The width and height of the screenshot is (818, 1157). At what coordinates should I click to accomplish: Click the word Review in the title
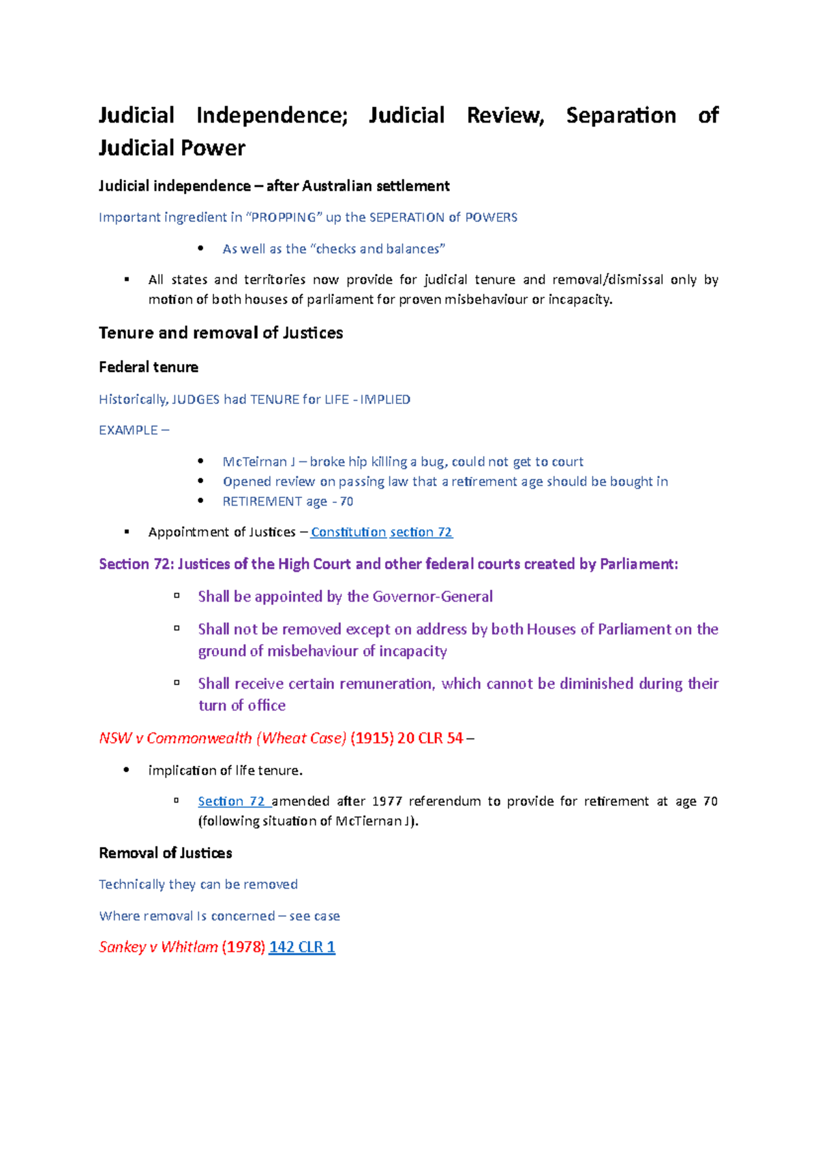pos(505,116)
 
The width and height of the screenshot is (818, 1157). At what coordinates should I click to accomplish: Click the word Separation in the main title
pos(620,116)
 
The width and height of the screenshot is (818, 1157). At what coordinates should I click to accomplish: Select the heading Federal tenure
pos(149,367)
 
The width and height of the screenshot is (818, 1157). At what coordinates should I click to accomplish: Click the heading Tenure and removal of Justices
pos(221,333)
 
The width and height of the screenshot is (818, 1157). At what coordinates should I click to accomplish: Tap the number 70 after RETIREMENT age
pos(346,502)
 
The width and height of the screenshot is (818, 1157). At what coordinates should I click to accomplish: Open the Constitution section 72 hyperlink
pos(381,532)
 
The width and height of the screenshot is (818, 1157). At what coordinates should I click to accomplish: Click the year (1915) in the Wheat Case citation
pos(372,738)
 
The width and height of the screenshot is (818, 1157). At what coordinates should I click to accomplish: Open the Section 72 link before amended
pos(231,801)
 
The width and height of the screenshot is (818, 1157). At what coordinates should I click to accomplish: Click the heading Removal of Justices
pos(166,853)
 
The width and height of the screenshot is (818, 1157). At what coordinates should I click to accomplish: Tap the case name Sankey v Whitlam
pos(158,947)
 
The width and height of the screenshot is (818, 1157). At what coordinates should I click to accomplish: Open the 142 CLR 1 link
pos(302,947)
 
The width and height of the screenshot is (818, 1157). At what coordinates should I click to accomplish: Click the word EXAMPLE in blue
pos(128,431)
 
